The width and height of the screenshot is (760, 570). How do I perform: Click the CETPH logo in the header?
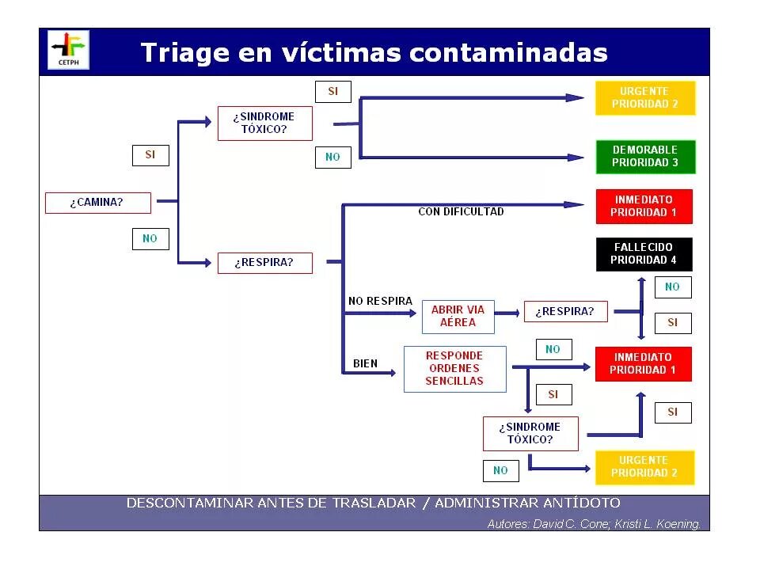pyautogui.click(x=69, y=51)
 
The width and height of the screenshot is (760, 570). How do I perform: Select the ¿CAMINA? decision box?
pyautogui.click(x=97, y=203)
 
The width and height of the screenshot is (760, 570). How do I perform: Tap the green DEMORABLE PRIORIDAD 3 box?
pyautogui.click(x=645, y=156)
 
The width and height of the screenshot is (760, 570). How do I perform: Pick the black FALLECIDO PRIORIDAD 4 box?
pyautogui.click(x=644, y=254)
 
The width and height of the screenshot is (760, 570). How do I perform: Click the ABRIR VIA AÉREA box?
pyautogui.click(x=458, y=317)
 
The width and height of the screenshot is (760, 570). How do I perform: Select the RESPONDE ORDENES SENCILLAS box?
pyautogui.click(x=454, y=369)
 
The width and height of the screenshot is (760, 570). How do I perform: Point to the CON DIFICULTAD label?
pyautogui.click(x=461, y=211)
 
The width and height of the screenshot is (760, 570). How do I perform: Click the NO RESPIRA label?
pyautogui.click(x=380, y=301)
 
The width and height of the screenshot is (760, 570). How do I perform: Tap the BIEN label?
pyautogui.click(x=365, y=364)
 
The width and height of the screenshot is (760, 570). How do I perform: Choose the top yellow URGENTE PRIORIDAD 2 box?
pyautogui.click(x=645, y=98)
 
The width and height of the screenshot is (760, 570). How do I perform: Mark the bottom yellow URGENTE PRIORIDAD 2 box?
pyautogui.click(x=644, y=467)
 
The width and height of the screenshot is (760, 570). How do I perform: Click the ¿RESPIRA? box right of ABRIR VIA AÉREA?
pyautogui.click(x=564, y=312)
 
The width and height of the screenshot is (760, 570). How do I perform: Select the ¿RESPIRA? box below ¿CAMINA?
pyautogui.click(x=264, y=263)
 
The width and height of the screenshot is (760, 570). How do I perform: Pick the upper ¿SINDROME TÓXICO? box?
pyautogui.click(x=264, y=123)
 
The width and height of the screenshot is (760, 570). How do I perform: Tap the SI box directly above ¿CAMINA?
pyautogui.click(x=150, y=155)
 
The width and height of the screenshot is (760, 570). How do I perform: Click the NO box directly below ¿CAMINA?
pyautogui.click(x=150, y=238)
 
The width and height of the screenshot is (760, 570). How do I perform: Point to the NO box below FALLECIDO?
pyautogui.click(x=672, y=287)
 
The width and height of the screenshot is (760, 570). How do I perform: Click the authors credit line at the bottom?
pyautogui.click(x=594, y=524)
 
